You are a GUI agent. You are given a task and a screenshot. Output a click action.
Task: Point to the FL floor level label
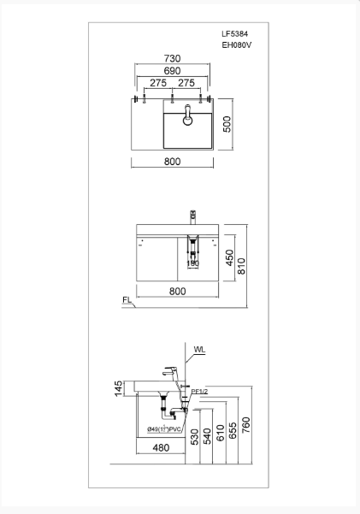(x=126, y=300)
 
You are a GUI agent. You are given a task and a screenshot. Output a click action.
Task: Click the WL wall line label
(x=199, y=350)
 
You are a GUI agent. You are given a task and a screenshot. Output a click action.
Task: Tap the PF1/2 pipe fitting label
(x=199, y=391)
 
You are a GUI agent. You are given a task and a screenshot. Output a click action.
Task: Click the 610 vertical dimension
(x=221, y=432)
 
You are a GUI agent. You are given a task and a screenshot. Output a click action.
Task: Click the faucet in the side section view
(x=168, y=375)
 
